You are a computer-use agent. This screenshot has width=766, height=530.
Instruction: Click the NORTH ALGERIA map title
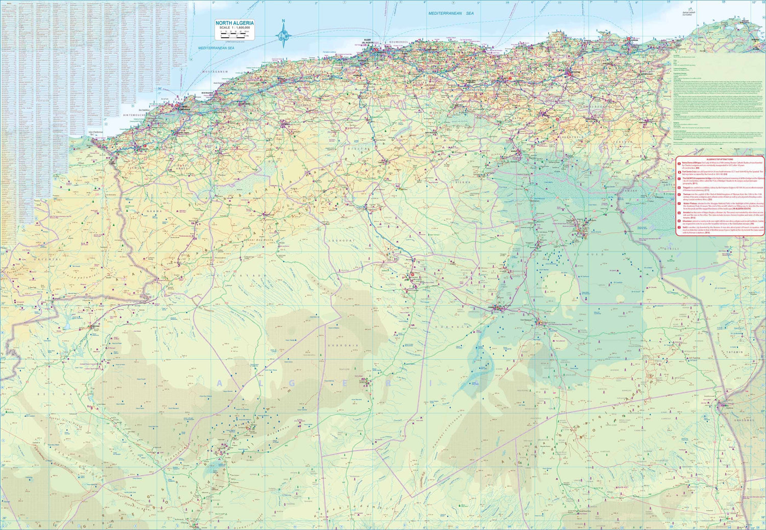(x=234, y=23)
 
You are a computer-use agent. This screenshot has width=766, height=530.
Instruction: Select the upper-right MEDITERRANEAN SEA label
(x=451, y=13)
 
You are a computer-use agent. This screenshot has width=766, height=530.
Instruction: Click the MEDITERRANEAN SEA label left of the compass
(x=216, y=48)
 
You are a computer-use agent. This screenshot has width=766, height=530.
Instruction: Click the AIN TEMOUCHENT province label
(x=135, y=115)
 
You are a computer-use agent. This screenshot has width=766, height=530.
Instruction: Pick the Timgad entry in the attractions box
(x=686, y=188)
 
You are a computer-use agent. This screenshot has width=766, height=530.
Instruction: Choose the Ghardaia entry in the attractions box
(x=687, y=221)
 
